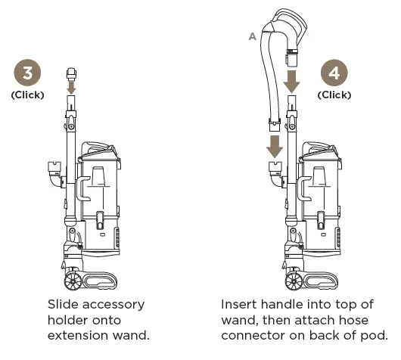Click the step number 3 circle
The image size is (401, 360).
pyautogui.click(x=28, y=75)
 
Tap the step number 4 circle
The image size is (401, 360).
pyautogui.click(x=334, y=75)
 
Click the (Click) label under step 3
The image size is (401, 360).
pyautogui.click(x=28, y=95)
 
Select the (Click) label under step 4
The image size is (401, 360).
pyautogui.click(x=334, y=95)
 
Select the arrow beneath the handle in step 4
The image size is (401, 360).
pyautogui.click(x=293, y=78)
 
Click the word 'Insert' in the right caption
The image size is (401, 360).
pyautogui.click(x=239, y=304)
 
